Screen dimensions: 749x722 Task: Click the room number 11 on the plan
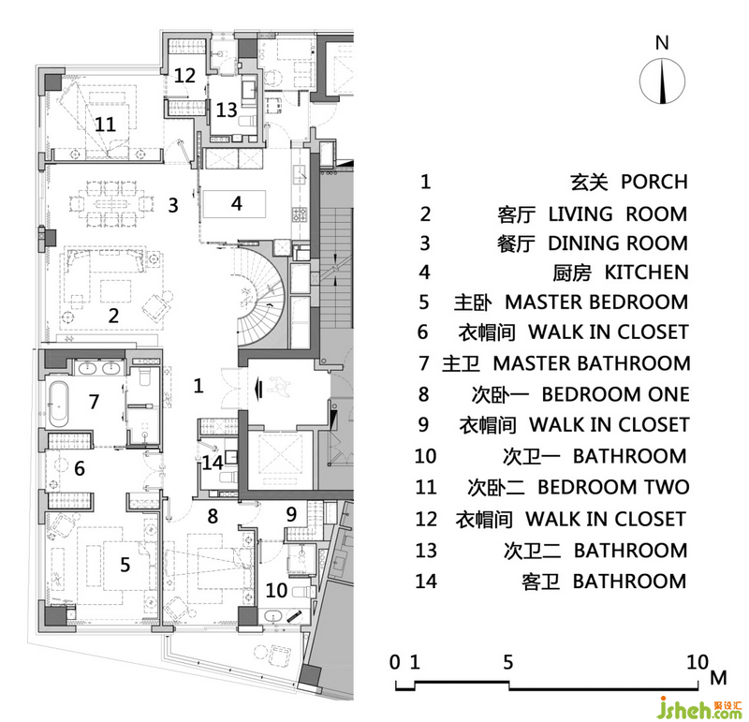coord(105,125)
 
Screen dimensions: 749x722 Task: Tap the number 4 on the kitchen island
coord(237,203)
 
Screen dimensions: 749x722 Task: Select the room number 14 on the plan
coord(213,463)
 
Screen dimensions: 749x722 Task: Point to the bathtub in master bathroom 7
coord(59,404)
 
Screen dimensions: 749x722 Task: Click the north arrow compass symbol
coord(662,81)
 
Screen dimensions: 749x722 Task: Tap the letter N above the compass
coord(662,43)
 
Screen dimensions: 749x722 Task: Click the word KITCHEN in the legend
coord(646,273)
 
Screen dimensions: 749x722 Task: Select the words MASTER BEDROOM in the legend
coord(596,302)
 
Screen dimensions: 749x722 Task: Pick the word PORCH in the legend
coord(654,182)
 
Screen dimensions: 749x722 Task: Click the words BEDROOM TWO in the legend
coord(613,487)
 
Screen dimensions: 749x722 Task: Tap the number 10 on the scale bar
coord(698,662)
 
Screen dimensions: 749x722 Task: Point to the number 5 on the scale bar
coord(507,662)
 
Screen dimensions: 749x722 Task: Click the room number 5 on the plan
coord(125,565)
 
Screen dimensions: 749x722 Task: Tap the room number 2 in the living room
coord(113,316)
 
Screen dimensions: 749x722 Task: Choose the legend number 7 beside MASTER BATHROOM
coord(424,363)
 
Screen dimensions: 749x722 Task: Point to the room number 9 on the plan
coord(291,514)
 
